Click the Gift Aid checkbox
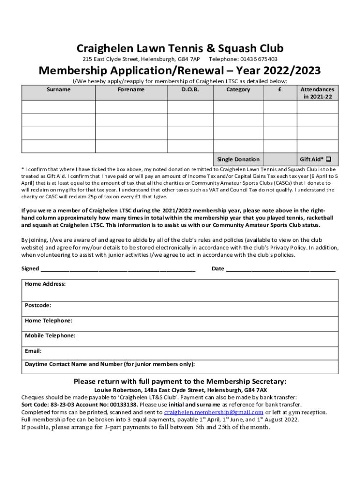click(328, 159)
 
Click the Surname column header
click(58, 89)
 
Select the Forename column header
click(131, 89)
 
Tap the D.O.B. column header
click(190, 89)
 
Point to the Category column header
click(238, 89)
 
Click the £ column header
click(279, 89)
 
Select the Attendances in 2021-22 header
click(317, 93)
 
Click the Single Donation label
click(238, 160)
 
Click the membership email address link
click(214, 412)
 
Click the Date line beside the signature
click(280, 269)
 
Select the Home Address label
click(45, 284)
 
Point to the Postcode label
click(38, 305)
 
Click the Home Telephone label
click(49, 320)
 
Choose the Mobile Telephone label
click(50, 335)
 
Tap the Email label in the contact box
click(33, 350)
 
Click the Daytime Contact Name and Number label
click(110, 364)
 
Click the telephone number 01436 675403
click(259, 59)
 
